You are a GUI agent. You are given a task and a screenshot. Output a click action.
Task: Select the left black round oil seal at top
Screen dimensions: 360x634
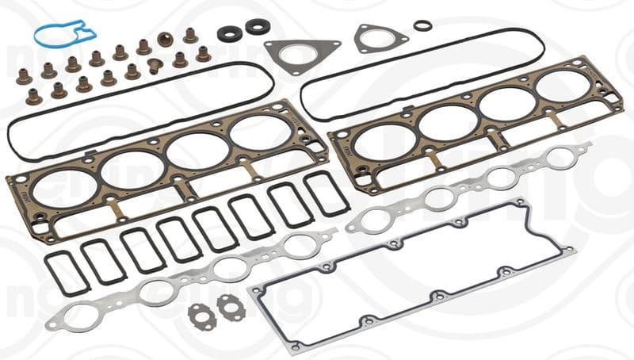coord(230,33)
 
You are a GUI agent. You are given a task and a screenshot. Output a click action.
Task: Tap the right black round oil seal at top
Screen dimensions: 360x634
coord(258,26)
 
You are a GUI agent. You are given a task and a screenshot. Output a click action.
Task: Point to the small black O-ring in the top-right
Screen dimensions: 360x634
coord(423,25)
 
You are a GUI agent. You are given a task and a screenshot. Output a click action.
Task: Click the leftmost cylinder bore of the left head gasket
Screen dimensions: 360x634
coord(65,190)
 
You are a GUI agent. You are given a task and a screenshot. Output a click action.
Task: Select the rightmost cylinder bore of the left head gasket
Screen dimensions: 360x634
coord(261,132)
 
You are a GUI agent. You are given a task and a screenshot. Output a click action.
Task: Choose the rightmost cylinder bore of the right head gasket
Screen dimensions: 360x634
coord(563,86)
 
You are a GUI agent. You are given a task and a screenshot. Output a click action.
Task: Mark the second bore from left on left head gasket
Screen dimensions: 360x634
coord(132,170)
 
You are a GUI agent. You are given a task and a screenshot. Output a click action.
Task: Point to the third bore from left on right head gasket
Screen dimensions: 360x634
coord(506,104)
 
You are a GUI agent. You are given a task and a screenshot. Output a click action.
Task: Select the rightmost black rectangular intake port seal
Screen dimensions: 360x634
coord(326,193)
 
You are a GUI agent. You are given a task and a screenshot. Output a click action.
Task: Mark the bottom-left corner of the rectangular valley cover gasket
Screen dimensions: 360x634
coord(295,347)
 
